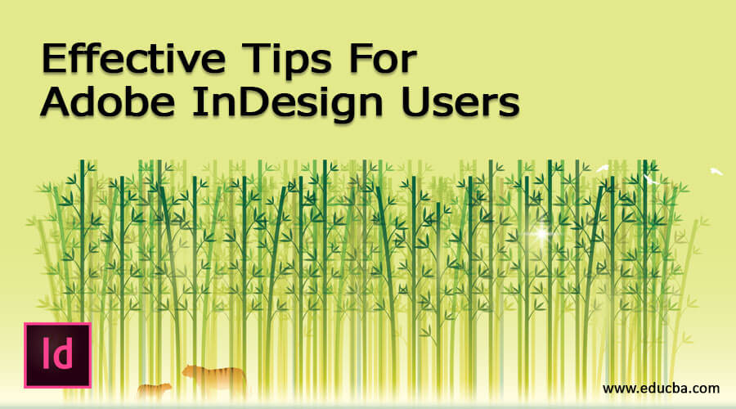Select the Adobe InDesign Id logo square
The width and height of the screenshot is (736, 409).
[x=57, y=354]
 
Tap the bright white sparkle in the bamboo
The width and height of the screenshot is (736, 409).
[x=541, y=235]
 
